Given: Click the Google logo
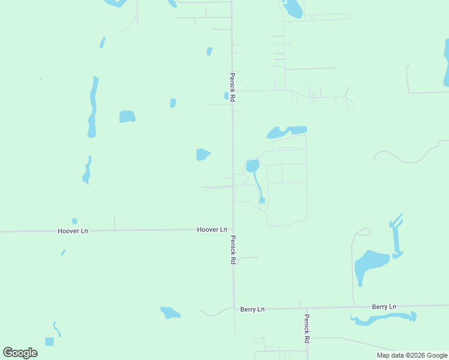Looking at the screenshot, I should [20, 353].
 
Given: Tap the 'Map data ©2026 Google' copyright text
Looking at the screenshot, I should [412, 355].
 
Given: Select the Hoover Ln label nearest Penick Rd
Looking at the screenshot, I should [212, 230].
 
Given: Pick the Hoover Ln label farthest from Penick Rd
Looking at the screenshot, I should [73, 231].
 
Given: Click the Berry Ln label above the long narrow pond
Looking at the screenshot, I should [384, 307].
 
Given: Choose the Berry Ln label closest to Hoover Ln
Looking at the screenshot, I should [252, 310].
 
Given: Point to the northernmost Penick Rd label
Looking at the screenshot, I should [232, 87].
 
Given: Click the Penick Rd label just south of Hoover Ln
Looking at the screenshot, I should [233, 250].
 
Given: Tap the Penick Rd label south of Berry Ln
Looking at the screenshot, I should [306, 329].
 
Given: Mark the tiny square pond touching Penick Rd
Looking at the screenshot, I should [227, 96].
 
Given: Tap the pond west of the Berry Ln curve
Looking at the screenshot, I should [170, 313].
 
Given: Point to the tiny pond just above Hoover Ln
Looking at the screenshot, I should [74, 221].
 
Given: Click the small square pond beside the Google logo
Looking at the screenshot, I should [49, 341].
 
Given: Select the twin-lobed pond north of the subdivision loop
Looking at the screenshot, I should [287, 131].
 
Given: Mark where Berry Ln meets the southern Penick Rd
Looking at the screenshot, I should [306, 308].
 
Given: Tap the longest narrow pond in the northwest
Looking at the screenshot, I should [92, 107].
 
